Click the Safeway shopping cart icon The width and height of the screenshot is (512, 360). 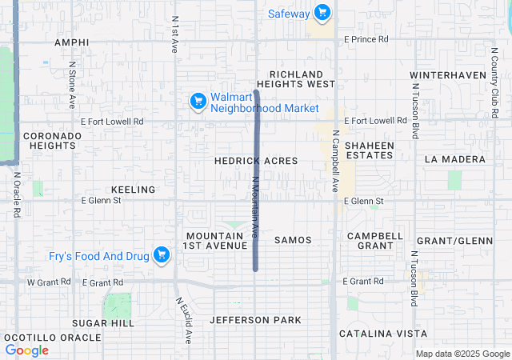322,12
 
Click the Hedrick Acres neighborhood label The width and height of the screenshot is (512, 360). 256,161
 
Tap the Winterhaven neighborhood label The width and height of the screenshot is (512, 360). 448,75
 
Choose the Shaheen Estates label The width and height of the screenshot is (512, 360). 369,150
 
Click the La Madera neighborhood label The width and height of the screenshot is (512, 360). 455,159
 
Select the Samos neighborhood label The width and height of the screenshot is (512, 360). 293,240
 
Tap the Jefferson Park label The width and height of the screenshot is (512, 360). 255,320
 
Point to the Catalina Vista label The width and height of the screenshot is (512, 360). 382,333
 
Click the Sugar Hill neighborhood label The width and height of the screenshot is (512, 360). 103,322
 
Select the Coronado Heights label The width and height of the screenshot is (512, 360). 52,141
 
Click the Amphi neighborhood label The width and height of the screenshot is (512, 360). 71,42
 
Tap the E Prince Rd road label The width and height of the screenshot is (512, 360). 366,38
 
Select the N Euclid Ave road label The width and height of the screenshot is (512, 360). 183,320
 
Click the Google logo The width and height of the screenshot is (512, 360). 27,350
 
